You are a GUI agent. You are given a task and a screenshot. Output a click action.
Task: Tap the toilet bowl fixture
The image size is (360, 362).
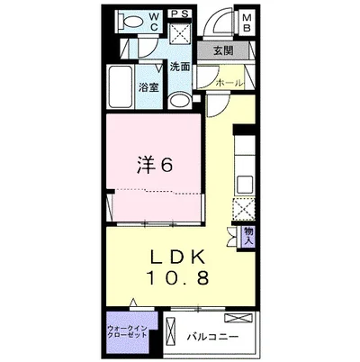coord(130,23)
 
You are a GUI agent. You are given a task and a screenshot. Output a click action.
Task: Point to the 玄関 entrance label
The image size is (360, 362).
coord(223,51)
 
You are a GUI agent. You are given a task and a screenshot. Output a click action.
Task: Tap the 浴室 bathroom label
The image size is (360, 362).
coord(148,88)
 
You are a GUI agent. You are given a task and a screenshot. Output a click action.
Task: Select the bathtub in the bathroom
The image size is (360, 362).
coord(121,86)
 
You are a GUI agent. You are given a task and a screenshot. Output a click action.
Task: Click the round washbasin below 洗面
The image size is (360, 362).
coord(179,100)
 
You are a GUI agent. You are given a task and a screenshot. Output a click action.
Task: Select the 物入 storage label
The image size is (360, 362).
coord(249,236)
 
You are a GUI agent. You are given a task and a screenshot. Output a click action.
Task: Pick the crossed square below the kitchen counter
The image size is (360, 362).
coord(243,210)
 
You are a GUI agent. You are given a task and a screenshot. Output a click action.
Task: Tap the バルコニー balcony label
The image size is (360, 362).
coord(212,339)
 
